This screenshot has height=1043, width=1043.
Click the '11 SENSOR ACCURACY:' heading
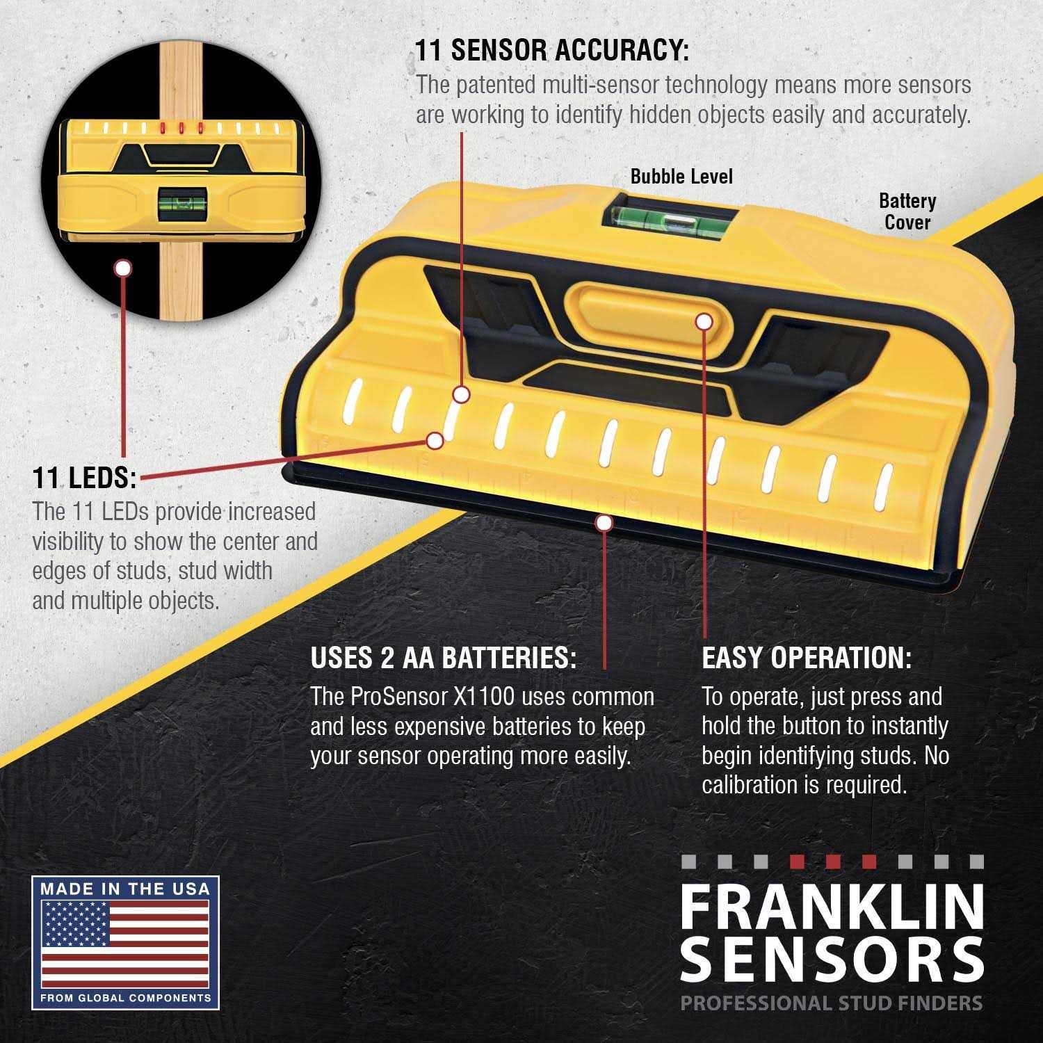[552, 51]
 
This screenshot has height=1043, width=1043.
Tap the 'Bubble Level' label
[681, 177]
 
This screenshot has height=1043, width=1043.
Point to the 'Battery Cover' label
[907, 211]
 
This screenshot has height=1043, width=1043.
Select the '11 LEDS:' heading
[84, 478]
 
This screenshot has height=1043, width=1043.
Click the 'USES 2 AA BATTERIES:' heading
[443, 658]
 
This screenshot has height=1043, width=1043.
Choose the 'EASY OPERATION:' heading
[806, 658]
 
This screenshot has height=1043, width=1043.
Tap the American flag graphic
[125, 944]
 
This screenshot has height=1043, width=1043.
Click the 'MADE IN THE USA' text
[125, 889]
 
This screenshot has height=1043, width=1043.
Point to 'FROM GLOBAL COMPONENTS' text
[125, 998]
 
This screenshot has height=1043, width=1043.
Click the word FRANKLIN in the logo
[832, 907]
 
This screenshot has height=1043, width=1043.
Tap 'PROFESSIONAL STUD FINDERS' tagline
[832, 1003]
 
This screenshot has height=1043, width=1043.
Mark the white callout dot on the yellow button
[704, 322]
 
